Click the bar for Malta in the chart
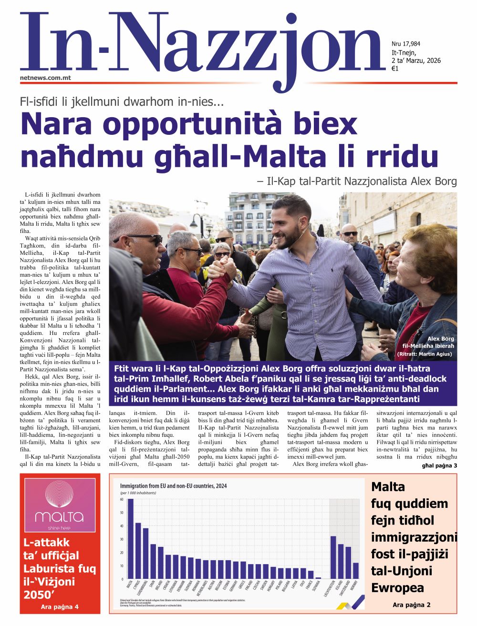click(x=130, y=538)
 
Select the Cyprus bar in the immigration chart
click(x=138, y=550)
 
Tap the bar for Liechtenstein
click(x=333, y=557)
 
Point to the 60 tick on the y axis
click(x=122, y=499)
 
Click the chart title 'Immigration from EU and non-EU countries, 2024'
click(x=173, y=486)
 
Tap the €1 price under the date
click(x=395, y=69)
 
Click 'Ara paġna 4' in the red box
click(x=60, y=606)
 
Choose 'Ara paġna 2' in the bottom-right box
click(x=412, y=605)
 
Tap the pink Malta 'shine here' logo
click(x=60, y=505)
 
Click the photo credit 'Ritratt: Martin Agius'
click(x=424, y=354)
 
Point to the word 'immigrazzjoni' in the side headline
click(x=414, y=537)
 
